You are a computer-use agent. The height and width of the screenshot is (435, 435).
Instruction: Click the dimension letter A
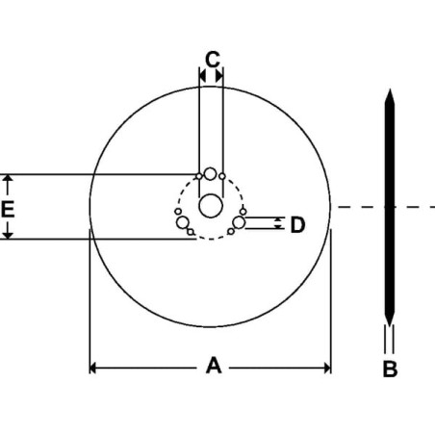[x=214, y=366]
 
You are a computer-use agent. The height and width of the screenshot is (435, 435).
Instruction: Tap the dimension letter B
[x=390, y=369]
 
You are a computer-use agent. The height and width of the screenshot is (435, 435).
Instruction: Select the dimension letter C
[x=213, y=59]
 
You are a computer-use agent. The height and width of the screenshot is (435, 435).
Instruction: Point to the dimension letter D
[x=297, y=224]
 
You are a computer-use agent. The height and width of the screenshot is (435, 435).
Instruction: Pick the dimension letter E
[x=8, y=210]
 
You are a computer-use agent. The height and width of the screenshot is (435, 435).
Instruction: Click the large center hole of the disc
[x=211, y=206]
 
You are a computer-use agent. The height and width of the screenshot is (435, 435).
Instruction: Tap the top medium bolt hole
[x=211, y=174]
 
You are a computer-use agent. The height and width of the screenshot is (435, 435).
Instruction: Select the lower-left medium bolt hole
[x=183, y=222]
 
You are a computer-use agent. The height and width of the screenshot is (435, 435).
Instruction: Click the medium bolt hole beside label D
[x=239, y=222]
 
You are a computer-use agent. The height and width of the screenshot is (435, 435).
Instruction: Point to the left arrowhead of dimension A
[x=92, y=368]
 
